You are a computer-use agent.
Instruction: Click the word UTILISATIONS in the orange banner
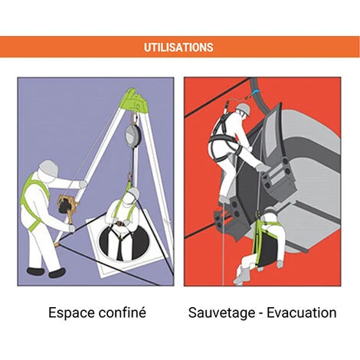[178, 47]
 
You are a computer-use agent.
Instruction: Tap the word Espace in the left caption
[67, 313]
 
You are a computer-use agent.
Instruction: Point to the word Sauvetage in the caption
[221, 313]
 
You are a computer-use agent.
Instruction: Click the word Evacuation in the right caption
[302, 313]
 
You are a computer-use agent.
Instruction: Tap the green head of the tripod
[136, 100]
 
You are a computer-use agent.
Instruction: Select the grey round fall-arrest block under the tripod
[132, 135]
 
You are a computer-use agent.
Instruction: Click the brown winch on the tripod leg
[67, 205]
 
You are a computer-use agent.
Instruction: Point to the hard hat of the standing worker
[47, 166]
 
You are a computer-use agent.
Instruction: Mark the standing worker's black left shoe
[57, 273]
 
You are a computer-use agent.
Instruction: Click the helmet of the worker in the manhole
[133, 193]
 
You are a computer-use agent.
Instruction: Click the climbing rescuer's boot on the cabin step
[225, 199]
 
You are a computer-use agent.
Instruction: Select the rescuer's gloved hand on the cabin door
[262, 168]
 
